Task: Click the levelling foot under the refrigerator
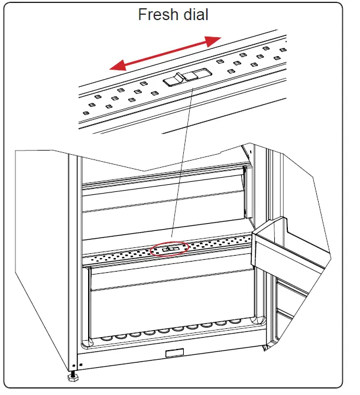[73, 376]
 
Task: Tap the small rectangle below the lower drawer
[174, 354]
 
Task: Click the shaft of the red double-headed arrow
[166, 53]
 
